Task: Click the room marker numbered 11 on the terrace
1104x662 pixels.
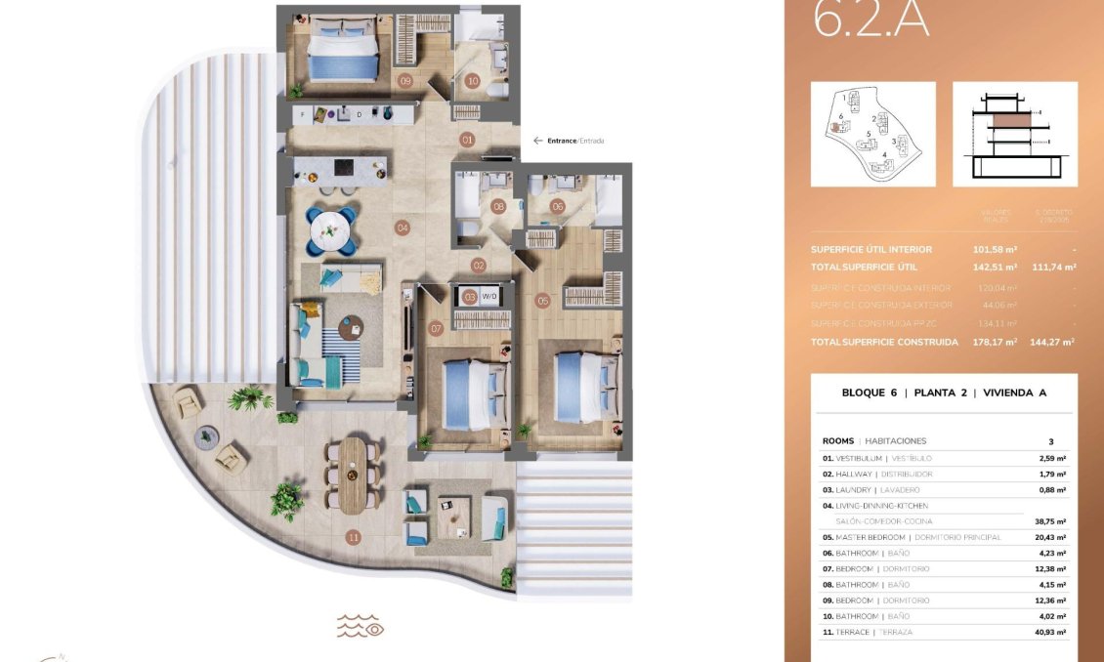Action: pyautogui.click(x=353, y=536)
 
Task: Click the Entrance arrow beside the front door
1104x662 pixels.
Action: pyautogui.click(x=537, y=141)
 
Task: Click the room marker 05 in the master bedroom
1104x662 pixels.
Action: pyautogui.click(x=543, y=301)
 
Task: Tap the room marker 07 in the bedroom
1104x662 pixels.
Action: pyautogui.click(x=436, y=329)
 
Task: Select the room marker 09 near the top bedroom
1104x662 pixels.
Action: pyautogui.click(x=404, y=81)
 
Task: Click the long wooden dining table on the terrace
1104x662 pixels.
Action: pyautogui.click(x=353, y=475)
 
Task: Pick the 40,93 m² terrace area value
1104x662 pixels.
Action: pyautogui.click(x=1052, y=633)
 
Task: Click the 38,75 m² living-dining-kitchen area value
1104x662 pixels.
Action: pyautogui.click(x=1052, y=521)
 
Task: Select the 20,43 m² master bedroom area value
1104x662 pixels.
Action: pyautogui.click(x=1052, y=537)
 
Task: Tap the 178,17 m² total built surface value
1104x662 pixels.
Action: pyautogui.click(x=997, y=343)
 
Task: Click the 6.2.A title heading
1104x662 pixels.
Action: pyautogui.click(x=871, y=21)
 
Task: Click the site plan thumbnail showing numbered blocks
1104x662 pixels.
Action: pyautogui.click(x=872, y=134)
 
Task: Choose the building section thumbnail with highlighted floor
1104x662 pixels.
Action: pyautogui.click(x=1014, y=134)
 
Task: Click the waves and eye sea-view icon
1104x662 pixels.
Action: pyautogui.click(x=360, y=626)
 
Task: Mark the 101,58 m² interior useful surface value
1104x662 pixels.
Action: pyautogui.click(x=997, y=249)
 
